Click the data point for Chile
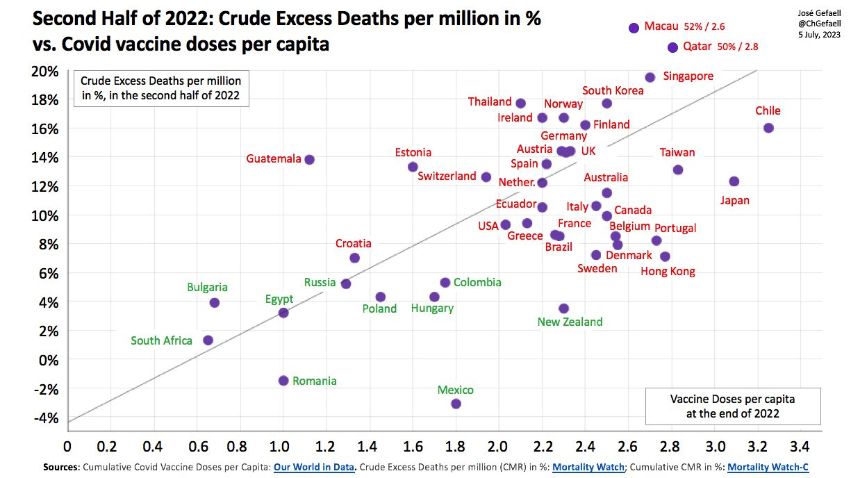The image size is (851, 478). coord(768,128)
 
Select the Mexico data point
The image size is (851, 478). coord(456,404)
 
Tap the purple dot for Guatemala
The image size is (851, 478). coord(310,159)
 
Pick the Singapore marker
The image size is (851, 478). coord(650,77)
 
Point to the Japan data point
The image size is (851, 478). coord(734,181)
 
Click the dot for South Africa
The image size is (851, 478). coord(208,340)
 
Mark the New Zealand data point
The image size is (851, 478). coord(563,308)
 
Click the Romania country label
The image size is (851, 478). coord(314,381)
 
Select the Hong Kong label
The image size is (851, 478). coord(668,272)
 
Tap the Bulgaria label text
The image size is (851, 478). coord(207,287)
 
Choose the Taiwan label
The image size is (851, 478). coord(677,153)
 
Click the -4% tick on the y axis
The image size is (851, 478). coord(46,418)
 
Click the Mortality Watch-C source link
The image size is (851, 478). coord(768,468)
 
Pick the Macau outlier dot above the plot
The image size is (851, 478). coord(633,28)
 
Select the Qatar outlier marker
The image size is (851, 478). coord(672,47)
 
